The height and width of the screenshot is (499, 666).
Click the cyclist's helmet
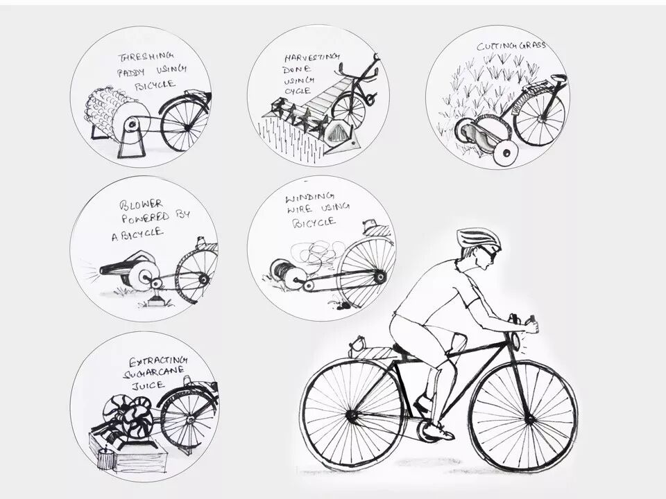pyautogui.click(x=478, y=238)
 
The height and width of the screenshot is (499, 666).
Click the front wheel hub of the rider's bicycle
pyautogui.click(x=529, y=419)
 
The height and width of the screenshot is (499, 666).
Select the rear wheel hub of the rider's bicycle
pyautogui.click(x=351, y=417)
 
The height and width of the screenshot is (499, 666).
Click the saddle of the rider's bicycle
pyautogui.click(x=404, y=349)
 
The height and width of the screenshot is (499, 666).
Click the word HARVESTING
pyautogui.click(x=312, y=58)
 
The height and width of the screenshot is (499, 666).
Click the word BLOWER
pyautogui.click(x=142, y=204)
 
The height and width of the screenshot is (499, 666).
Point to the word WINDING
pyautogui.click(x=310, y=198)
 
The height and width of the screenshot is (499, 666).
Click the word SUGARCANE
pyautogui.click(x=153, y=373)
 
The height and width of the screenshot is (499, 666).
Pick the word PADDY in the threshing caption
pyautogui.click(x=131, y=71)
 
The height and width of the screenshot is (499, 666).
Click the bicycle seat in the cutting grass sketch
pyautogui.click(x=559, y=78)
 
